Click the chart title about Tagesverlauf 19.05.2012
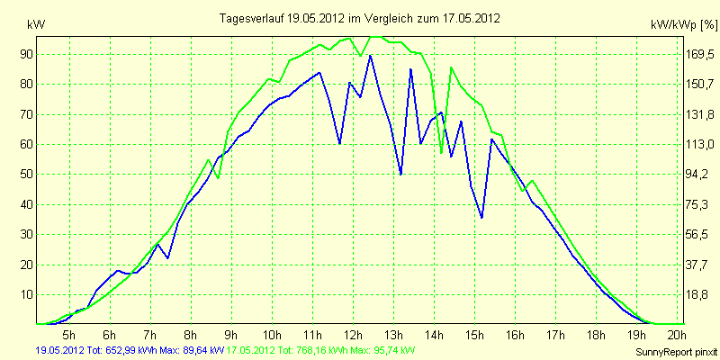pos(359,19)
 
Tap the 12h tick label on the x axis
pos(354,333)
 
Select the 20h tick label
pos(678,333)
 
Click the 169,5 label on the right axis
pos(702,55)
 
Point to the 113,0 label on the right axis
pos(702,145)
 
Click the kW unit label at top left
pos(36,25)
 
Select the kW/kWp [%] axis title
pos(684,25)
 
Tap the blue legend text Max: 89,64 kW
pos(191,351)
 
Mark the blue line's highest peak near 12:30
pos(370,56)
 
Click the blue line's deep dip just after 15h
pos(481,218)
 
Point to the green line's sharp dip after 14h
pos(441,153)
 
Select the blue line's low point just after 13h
pos(400,175)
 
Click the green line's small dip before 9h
pos(218,177)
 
